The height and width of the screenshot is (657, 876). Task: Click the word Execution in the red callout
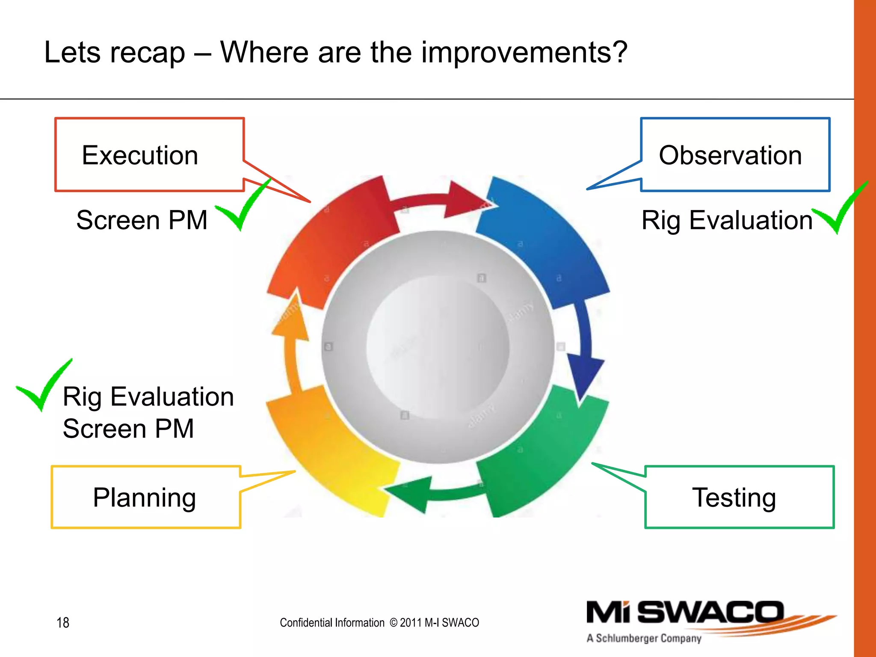pyautogui.click(x=140, y=155)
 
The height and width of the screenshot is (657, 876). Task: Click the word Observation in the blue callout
pyautogui.click(x=730, y=155)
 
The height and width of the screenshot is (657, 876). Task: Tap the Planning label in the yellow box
pyautogui.click(x=145, y=497)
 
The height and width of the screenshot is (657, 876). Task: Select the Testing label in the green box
pyautogui.click(x=734, y=497)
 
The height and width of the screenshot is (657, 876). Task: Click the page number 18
pyautogui.click(x=63, y=623)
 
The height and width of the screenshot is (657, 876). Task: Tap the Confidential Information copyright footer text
pyautogui.click(x=379, y=623)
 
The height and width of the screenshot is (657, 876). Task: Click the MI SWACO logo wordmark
pyautogui.click(x=684, y=613)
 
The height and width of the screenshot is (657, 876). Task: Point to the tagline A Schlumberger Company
pyautogui.click(x=644, y=638)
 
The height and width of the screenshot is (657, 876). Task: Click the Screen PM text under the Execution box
pyautogui.click(x=142, y=220)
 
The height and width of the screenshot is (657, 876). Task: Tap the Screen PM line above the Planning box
pyautogui.click(x=128, y=429)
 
